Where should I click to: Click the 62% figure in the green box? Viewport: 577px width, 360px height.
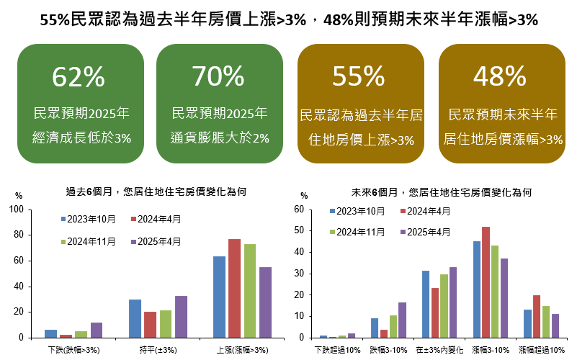coord(79,76)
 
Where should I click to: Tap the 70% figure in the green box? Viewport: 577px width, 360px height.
coord(219,76)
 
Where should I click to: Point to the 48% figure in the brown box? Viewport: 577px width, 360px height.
coord(500,76)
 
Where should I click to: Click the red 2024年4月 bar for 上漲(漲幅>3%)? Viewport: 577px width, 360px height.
coord(234,288)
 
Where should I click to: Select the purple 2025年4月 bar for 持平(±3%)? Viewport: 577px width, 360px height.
coord(181,317)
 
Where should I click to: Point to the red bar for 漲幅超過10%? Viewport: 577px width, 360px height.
coord(535,316)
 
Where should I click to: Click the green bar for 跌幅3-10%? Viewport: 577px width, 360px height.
coord(393,326)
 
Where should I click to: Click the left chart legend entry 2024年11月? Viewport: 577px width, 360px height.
coord(91,241)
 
